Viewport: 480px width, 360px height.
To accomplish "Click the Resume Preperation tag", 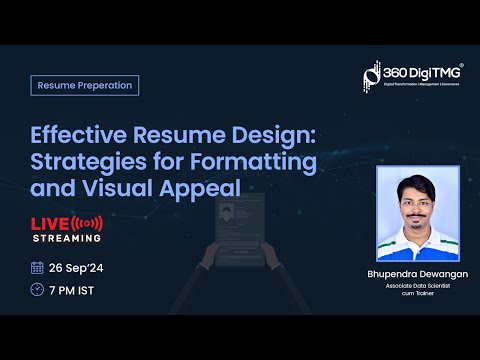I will click(x=85, y=85).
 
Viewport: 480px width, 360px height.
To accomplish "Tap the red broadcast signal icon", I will click(x=89, y=221).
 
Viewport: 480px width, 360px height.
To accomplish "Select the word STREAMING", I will click(x=66, y=238).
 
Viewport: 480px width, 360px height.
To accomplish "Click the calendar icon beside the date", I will click(x=37, y=267).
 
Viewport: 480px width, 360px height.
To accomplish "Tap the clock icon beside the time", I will click(x=37, y=289).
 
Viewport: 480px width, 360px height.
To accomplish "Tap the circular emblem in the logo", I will click(x=372, y=76).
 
